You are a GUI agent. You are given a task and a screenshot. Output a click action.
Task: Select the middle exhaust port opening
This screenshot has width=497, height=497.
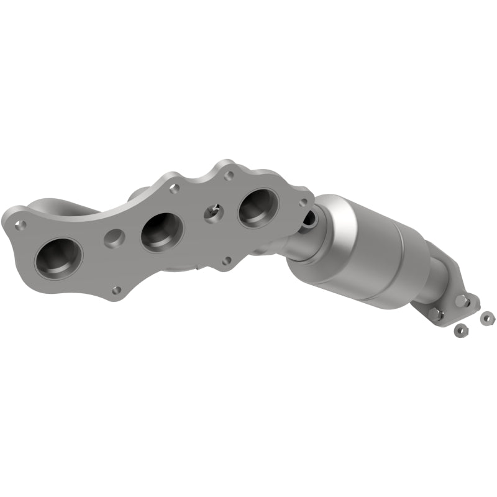(x=162, y=231)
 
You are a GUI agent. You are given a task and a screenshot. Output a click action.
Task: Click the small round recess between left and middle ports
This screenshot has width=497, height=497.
(x=114, y=237)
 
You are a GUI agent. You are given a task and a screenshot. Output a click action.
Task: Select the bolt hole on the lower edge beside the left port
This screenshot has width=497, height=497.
(x=115, y=290)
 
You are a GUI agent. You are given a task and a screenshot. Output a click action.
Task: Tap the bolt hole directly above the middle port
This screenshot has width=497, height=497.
(x=175, y=186)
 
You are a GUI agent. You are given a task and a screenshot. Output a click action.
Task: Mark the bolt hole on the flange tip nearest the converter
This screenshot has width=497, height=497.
(x=303, y=202)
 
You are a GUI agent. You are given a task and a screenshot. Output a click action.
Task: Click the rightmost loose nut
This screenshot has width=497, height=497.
(x=486, y=318)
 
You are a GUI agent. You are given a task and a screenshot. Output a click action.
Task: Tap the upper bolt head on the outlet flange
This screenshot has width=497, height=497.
(x=461, y=302)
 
